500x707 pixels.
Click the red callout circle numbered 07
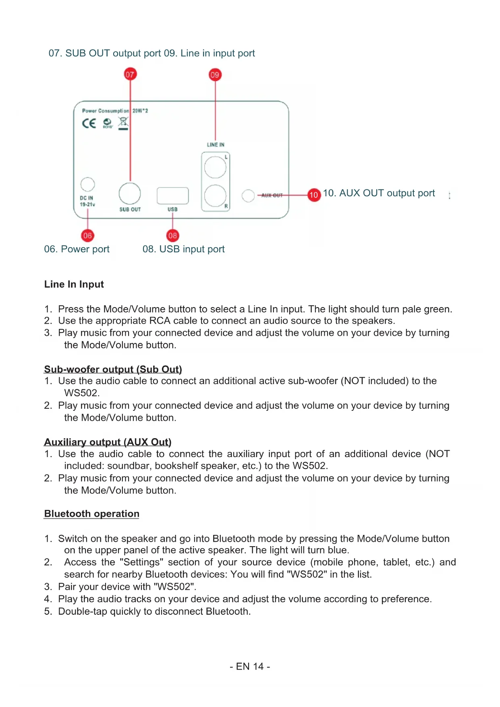[x=130, y=74]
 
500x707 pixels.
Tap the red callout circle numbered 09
[x=215, y=75]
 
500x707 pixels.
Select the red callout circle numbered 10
[x=314, y=195]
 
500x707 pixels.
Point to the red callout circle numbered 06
[x=87, y=235]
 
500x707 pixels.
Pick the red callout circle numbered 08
[x=172, y=235]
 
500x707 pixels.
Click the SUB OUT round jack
[x=130, y=193]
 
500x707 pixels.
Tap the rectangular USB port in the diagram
[x=172, y=196]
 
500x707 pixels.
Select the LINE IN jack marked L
[x=215, y=167]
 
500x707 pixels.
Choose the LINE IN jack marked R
[x=215, y=195]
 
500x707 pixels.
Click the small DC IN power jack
[x=87, y=184]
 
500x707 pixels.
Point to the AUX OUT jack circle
[x=248, y=195]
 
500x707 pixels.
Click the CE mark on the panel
[x=89, y=123]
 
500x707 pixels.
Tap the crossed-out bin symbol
[x=123, y=123]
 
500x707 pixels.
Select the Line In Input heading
[x=74, y=284]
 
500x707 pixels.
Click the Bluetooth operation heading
[x=92, y=514]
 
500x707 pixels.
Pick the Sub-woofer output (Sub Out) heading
[x=113, y=369]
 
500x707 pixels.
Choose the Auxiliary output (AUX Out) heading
[x=108, y=442]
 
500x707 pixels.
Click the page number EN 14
[x=250, y=666]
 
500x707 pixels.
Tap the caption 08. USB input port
[x=183, y=249]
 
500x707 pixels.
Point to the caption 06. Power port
[x=77, y=249]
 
